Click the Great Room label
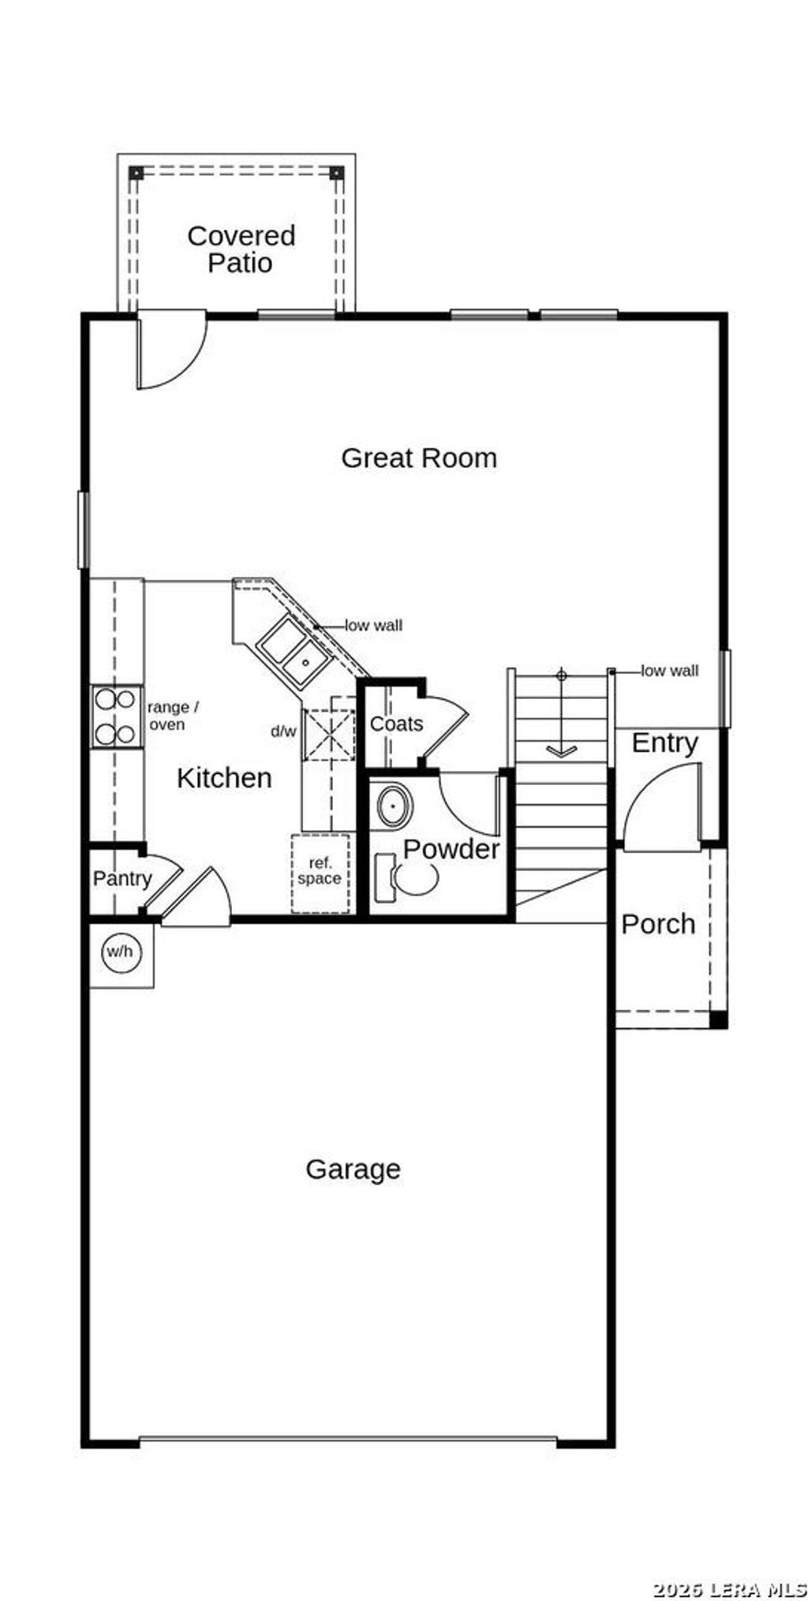(x=419, y=458)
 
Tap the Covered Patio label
(x=241, y=249)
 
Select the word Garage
(x=353, y=1169)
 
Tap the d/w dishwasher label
(x=283, y=731)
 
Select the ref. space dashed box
(x=320, y=873)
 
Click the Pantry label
(x=122, y=878)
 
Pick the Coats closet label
(x=396, y=724)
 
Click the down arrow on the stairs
(x=561, y=750)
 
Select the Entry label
(x=664, y=743)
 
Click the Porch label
(x=658, y=924)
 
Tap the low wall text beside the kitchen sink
(x=373, y=626)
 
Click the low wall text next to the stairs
(x=669, y=671)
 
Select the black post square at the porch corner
(x=718, y=1019)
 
